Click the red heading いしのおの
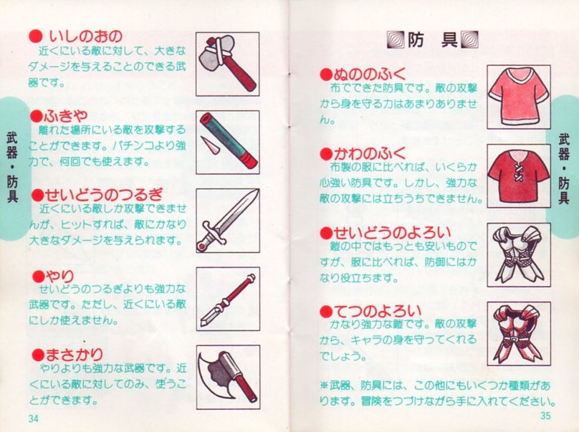[86, 36]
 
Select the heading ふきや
[66, 116]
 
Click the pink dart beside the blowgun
[211, 145]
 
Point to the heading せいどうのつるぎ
[104, 195]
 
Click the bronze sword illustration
[228, 221]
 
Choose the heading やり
[59, 275]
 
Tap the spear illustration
[228, 299]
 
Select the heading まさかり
[74, 355]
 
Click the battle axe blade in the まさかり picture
[213, 374]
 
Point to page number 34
[33, 418]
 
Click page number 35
[545, 416]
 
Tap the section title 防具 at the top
[433, 39]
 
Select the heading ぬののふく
[369, 75]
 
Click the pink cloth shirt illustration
[519, 97]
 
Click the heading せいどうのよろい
[392, 233]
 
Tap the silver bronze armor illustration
[519, 254]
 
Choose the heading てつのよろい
[377, 311]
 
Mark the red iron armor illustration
[519, 333]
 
